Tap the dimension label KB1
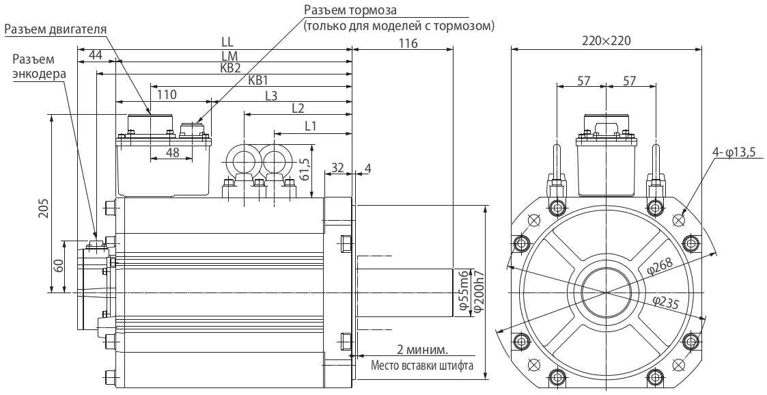click(x=258, y=81)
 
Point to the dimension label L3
click(x=270, y=95)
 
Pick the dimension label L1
click(x=311, y=126)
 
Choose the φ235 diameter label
click(x=665, y=303)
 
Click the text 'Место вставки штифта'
click(x=422, y=365)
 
